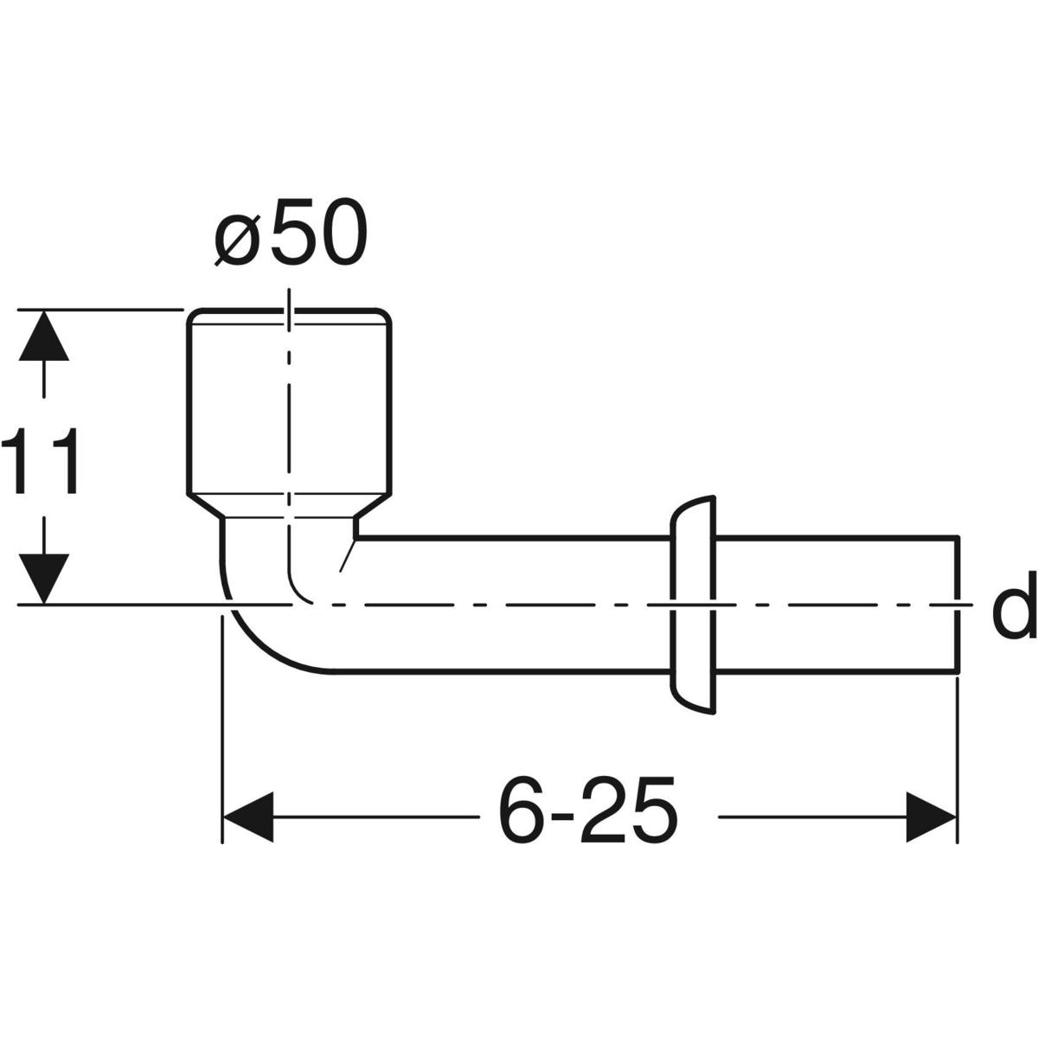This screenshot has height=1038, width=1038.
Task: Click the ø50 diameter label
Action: [291, 233]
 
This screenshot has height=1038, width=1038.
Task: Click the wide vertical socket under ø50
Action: [289, 407]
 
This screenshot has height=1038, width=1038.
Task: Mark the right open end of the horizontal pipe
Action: [958, 603]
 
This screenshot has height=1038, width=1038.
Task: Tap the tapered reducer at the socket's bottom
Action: [289, 507]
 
